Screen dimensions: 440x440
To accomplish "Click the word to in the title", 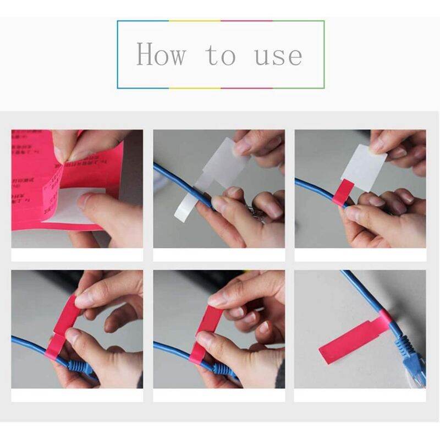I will pyautogui.click(x=221, y=55).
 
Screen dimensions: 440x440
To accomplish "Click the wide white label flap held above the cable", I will pyautogui.click(x=226, y=159).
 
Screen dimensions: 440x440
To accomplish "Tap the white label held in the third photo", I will pyautogui.click(x=364, y=165).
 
